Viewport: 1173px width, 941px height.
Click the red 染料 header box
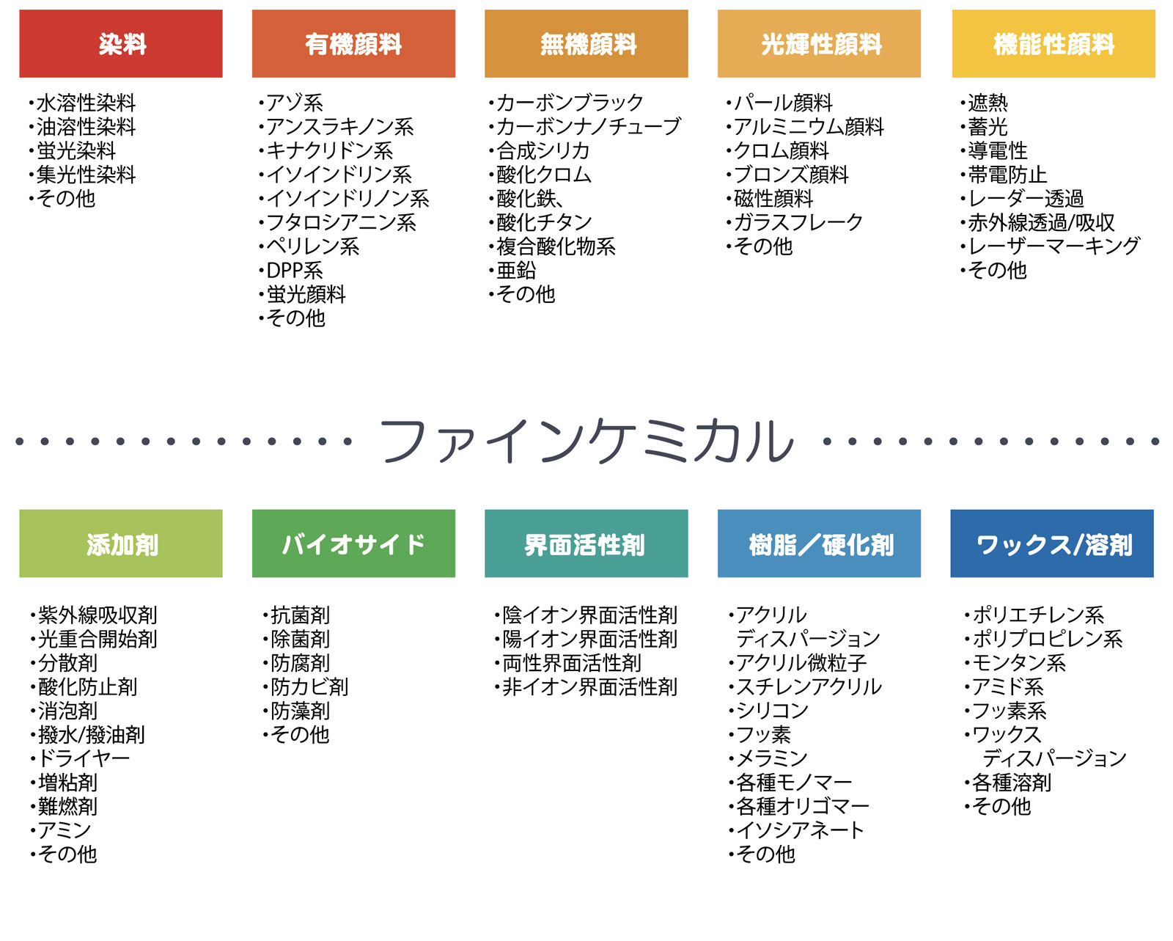(x=120, y=44)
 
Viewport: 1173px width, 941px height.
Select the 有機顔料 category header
(x=353, y=44)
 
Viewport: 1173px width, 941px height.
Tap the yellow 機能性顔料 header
(x=1053, y=44)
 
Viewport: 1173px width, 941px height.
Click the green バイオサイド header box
(x=353, y=543)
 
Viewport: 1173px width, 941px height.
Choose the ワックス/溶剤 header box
(x=1051, y=543)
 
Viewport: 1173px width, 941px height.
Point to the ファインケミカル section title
(x=586, y=441)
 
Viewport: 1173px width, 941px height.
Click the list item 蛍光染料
(x=76, y=150)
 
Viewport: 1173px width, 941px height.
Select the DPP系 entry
(x=294, y=271)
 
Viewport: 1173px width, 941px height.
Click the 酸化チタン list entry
(x=544, y=222)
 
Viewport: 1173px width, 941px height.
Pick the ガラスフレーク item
(x=798, y=222)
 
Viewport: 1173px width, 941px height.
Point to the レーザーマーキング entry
(x=1054, y=246)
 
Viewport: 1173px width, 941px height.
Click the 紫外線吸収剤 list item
(x=98, y=615)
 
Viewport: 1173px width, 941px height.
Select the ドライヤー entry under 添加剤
(x=84, y=758)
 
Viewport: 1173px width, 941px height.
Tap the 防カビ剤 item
(x=309, y=686)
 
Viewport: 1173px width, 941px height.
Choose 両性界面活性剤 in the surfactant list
(x=572, y=663)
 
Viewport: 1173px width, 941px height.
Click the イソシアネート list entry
(x=800, y=830)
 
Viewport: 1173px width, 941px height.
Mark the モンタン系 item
(x=1019, y=663)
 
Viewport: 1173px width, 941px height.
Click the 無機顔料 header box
(x=586, y=44)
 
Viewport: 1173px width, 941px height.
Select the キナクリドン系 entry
(x=329, y=150)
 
